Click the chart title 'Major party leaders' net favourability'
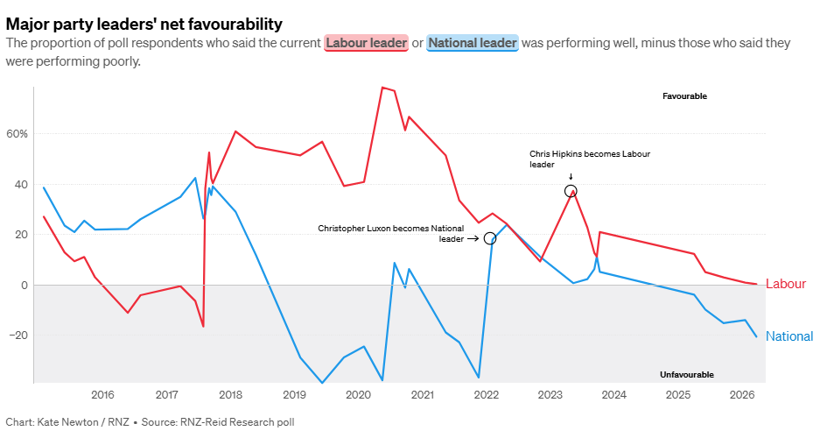click(x=144, y=23)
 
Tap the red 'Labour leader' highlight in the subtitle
click(x=367, y=43)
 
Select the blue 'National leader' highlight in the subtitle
click(x=473, y=43)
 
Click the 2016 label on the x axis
click(x=102, y=395)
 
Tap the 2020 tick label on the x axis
click(x=358, y=395)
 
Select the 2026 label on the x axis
click(x=742, y=395)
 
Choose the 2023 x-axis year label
click(x=550, y=395)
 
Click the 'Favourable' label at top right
click(x=684, y=96)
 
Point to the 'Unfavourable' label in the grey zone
click(x=687, y=375)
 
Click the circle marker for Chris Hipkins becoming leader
click(x=571, y=191)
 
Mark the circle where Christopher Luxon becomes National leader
click(x=489, y=238)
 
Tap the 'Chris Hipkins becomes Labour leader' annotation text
click(x=589, y=159)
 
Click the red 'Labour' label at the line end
click(x=786, y=284)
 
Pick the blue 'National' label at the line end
click(x=789, y=336)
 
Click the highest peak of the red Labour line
click(x=382, y=88)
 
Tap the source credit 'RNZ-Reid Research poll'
click(x=238, y=421)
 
